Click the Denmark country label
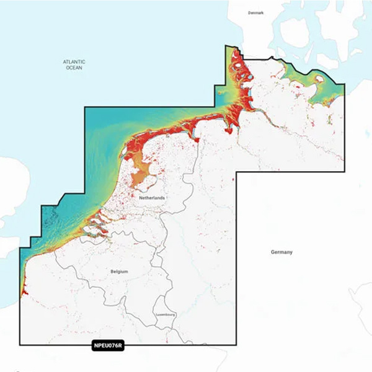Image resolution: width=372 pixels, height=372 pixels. pyautogui.click(x=255, y=13)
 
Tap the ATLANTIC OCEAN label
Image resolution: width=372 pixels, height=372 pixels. pyautogui.click(x=74, y=64)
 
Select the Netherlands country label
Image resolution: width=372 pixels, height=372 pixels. pyautogui.click(x=152, y=197)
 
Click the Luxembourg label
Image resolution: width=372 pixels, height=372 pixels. pyautogui.click(x=164, y=314)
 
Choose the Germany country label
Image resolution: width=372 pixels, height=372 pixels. pyautogui.click(x=281, y=252)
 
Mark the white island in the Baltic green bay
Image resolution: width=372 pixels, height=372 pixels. pyautogui.click(x=321, y=79)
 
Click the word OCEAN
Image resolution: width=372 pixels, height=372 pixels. pyautogui.click(x=74, y=68)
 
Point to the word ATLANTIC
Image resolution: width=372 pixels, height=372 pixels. pyautogui.click(x=74, y=61)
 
